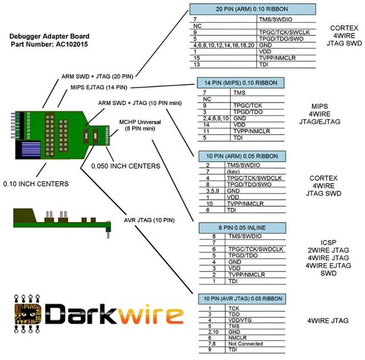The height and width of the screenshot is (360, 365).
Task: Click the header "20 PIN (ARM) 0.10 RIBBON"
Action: click(x=252, y=10)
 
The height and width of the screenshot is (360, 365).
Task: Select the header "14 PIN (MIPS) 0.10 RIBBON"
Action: click(x=237, y=83)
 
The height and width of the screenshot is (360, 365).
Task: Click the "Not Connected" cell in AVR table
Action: click(x=244, y=344)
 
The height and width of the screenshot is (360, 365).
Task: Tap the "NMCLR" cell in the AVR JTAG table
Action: click(x=238, y=338)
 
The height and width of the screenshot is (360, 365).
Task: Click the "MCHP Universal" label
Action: click(x=140, y=122)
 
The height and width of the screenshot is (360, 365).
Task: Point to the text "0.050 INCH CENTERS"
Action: click(x=125, y=166)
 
